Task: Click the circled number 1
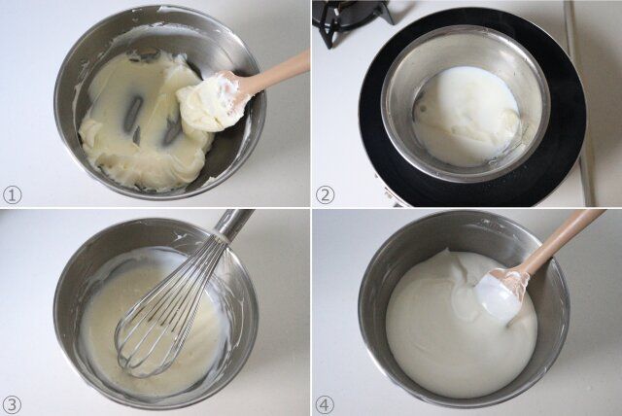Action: coord(12,194)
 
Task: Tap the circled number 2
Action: coord(325,194)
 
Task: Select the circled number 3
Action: coord(12,404)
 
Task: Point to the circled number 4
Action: coord(325,404)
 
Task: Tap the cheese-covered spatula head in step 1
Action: coord(209,102)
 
